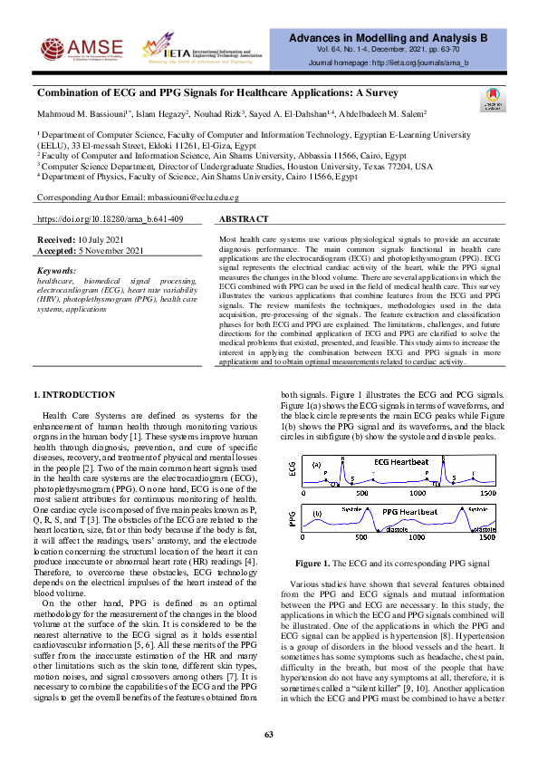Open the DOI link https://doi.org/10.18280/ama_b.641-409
110,219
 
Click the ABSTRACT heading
245,219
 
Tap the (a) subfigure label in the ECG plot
318,465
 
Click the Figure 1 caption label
341,562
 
